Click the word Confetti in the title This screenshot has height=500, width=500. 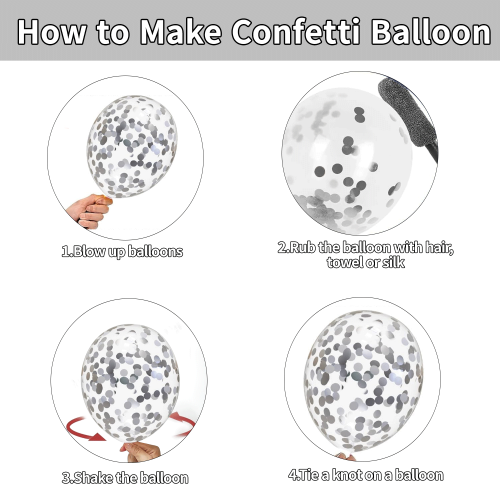pyautogui.click(x=296, y=31)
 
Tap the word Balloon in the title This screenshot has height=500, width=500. pyautogui.click(x=431, y=31)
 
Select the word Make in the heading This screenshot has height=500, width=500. pyautogui.click(x=180, y=31)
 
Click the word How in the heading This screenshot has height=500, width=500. pyautogui.click(x=51, y=31)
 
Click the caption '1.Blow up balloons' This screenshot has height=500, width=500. pyautogui.click(x=122, y=251)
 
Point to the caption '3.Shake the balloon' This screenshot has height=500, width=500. pyautogui.click(x=125, y=478)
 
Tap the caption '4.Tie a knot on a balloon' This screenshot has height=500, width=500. pyautogui.click(x=366, y=475)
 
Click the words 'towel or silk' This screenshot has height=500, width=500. pyautogui.click(x=366, y=262)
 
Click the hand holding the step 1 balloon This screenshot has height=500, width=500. pyautogui.click(x=88, y=211)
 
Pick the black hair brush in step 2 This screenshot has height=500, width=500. pyautogui.click(x=408, y=118)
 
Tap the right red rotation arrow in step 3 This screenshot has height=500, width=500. pyautogui.click(x=183, y=424)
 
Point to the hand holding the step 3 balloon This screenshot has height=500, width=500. pyautogui.click(x=142, y=452)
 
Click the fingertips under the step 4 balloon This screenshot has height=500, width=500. pyautogui.click(x=346, y=456)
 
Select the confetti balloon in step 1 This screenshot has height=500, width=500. pyautogui.click(x=132, y=147)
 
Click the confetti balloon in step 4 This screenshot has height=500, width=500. pyautogui.click(x=363, y=381)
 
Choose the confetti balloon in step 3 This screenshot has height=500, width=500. pyautogui.click(x=131, y=383)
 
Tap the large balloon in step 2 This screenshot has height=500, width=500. pyautogui.click(x=347, y=160)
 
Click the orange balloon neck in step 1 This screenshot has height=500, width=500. pyautogui.click(x=103, y=199)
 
